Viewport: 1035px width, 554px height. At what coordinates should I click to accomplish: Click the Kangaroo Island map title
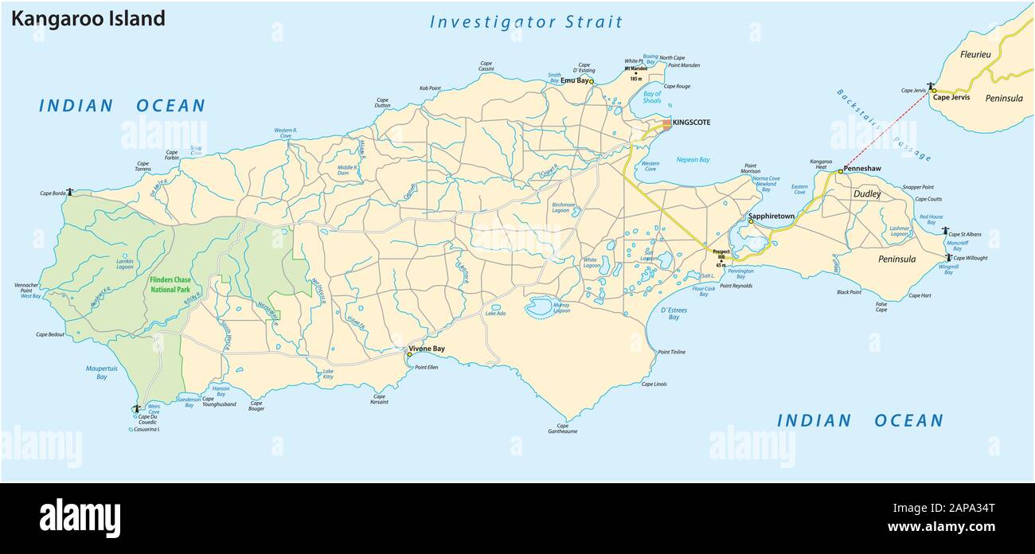(x=88, y=19)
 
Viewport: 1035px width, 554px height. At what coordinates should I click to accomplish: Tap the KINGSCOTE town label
(x=691, y=123)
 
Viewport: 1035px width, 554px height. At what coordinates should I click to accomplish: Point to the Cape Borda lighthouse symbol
(x=70, y=191)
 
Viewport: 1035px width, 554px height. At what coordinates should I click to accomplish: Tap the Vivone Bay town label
(x=427, y=349)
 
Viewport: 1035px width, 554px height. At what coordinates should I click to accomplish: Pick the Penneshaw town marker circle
(x=840, y=170)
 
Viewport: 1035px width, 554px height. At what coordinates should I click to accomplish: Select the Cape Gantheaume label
(x=563, y=428)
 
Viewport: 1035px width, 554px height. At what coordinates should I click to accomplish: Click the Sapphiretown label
(x=772, y=216)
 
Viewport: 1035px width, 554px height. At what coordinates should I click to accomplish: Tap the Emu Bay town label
(x=574, y=80)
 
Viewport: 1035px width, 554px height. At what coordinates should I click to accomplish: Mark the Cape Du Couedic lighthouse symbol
(x=136, y=408)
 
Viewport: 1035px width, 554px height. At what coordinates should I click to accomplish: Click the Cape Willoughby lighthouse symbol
(x=948, y=256)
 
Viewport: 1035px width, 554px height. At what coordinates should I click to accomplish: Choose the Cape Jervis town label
(x=951, y=97)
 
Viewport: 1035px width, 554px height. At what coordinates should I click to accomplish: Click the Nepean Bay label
(x=693, y=159)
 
